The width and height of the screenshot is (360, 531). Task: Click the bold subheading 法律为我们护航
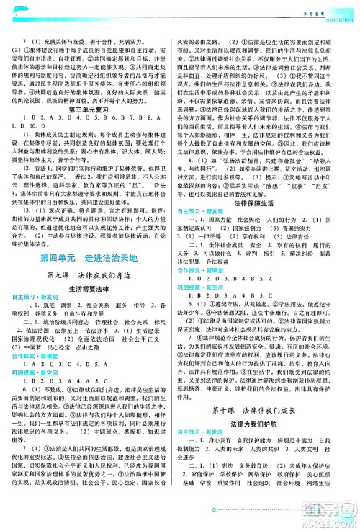point(269,447)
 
